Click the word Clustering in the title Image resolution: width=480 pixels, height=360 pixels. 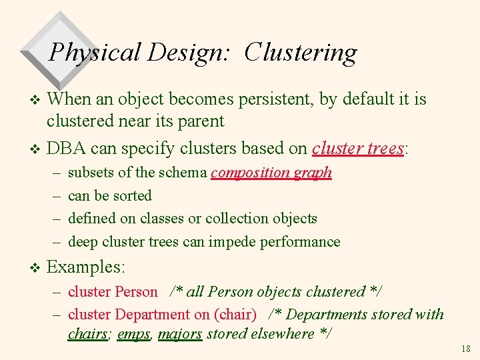click(x=301, y=53)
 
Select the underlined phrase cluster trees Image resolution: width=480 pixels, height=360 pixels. click(x=358, y=148)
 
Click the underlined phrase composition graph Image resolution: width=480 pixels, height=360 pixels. click(x=271, y=173)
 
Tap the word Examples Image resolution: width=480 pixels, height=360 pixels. click(x=85, y=267)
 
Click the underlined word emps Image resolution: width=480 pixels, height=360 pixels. click(x=133, y=333)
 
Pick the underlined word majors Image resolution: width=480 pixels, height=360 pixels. click(x=180, y=333)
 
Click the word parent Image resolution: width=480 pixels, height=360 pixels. click(x=200, y=121)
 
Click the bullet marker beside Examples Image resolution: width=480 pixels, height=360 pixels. click(x=36, y=268)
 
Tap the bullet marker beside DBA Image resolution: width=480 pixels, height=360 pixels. click(x=36, y=149)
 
